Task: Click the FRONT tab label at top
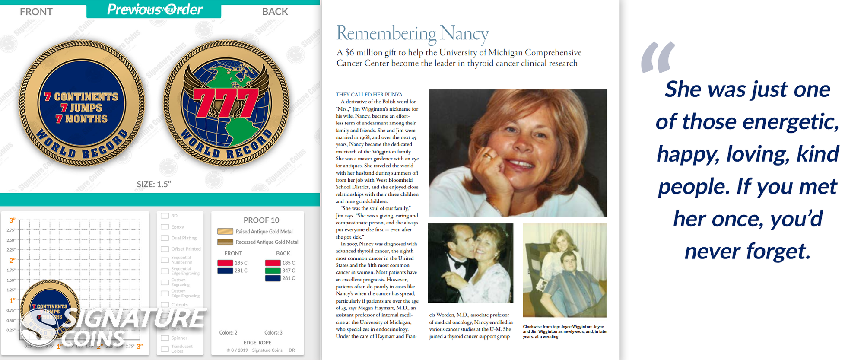click(36, 12)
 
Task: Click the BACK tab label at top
click(275, 12)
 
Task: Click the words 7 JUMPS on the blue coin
click(81, 108)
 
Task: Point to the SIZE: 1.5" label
click(154, 184)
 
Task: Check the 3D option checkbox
click(165, 216)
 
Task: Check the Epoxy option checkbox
click(165, 227)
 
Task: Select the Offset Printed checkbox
click(165, 249)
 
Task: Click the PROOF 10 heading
click(261, 220)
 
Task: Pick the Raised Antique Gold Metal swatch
click(225, 231)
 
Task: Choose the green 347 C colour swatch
click(273, 271)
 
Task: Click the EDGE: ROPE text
click(257, 343)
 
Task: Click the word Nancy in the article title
click(464, 33)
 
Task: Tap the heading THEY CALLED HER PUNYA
click(370, 95)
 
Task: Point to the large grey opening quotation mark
click(658, 57)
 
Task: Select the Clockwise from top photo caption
click(565, 331)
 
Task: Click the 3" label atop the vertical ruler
click(12, 220)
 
